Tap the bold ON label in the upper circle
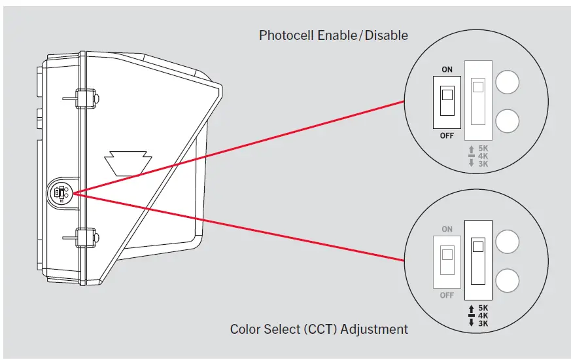(447, 70)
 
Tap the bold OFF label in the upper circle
(447, 135)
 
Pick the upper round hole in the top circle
(508, 82)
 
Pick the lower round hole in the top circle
(508, 120)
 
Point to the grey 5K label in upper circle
(483, 149)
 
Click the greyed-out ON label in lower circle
(447, 230)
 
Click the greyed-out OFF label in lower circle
(447, 295)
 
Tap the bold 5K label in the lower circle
(483, 308)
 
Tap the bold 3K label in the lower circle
(483, 323)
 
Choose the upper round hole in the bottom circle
(508, 242)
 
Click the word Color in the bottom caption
(245, 329)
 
